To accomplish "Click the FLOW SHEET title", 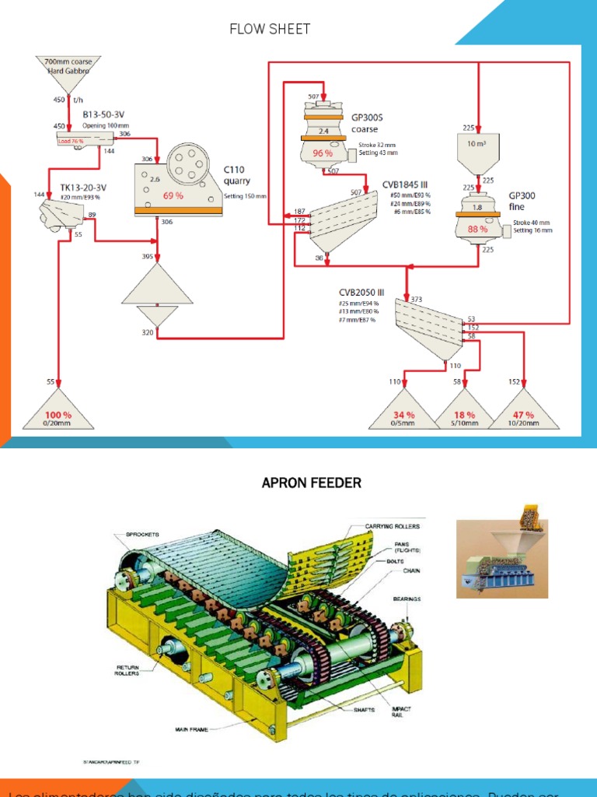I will (x=270, y=30).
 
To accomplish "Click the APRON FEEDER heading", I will (x=311, y=483).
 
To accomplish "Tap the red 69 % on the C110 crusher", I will (x=173, y=195).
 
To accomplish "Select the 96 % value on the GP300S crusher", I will (x=323, y=153).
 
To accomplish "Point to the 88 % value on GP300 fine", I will (x=477, y=230).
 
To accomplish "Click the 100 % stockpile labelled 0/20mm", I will (x=58, y=416).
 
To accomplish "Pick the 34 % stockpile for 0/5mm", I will (x=404, y=416).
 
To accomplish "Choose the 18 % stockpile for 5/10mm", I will (x=464, y=416).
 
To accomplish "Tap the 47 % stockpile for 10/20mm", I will (x=523, y=416).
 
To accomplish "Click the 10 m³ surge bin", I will (x=477, y=144).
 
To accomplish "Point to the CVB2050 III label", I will (x=355, y=293).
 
